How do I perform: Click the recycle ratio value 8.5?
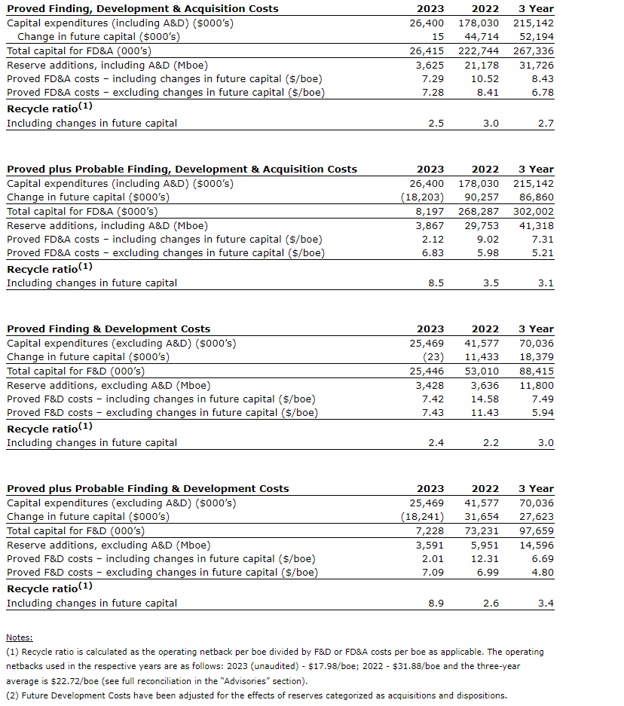[435, 283]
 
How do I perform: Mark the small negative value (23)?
[433, 357]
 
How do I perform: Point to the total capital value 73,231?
[482, 530]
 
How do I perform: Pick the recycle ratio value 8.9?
[435, 603]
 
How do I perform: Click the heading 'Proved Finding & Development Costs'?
[109, 329]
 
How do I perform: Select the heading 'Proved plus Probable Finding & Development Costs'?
[148, 488]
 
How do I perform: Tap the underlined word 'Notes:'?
[20, 637]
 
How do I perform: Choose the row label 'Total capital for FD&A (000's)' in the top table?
[78, 51]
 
